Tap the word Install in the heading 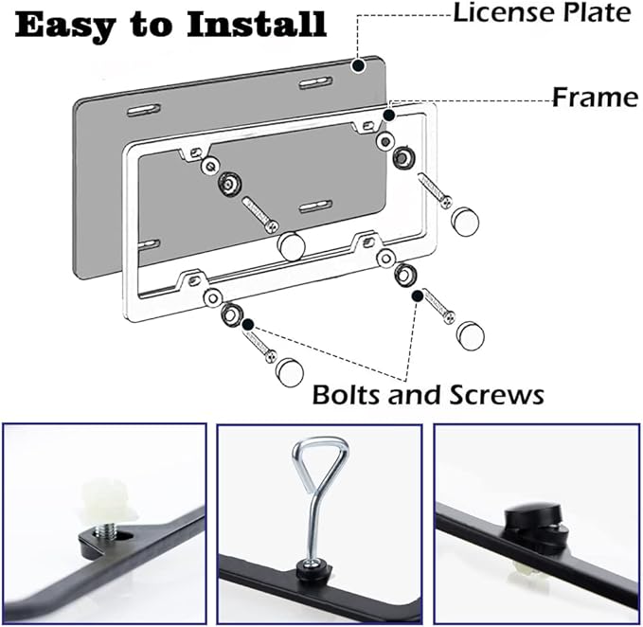[255, 25]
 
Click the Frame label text [595, 97]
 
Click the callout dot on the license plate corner [358, 65]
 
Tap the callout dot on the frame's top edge [389, 114]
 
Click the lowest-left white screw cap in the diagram [290, 369]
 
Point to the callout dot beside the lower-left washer [248, 324]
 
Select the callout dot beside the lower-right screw [417, 296]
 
